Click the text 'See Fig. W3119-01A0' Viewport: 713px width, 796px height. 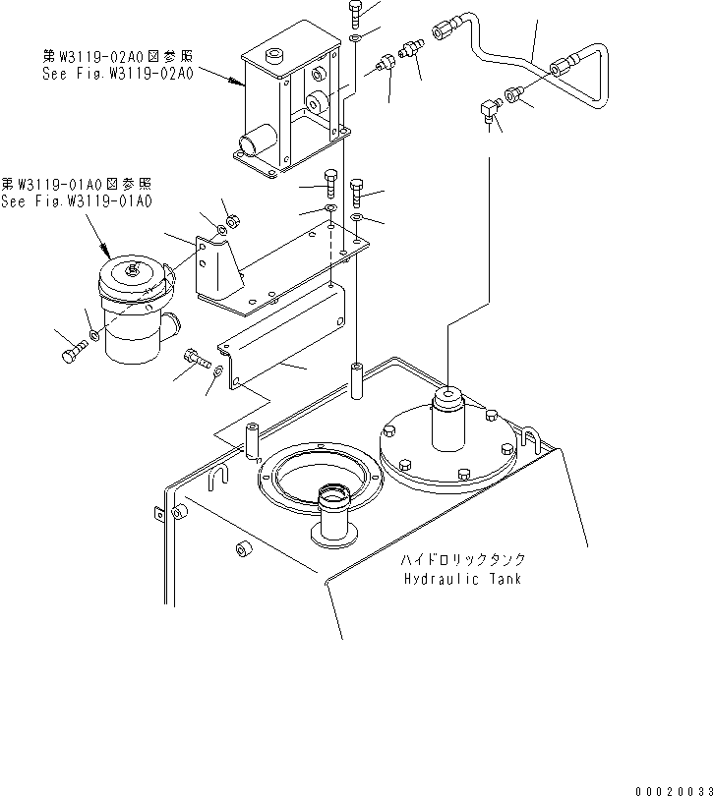pyautogui.click(x=77, y=201)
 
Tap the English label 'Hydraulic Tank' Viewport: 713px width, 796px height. pyautogui.click(x=463, y=579)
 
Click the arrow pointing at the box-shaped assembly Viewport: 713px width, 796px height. pyautogui.click(x=236, y=84)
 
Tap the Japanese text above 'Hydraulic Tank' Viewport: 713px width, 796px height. pyautogui.click(x=462, y=559)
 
